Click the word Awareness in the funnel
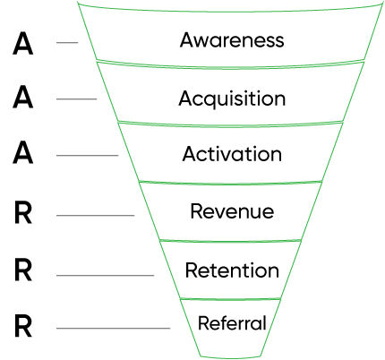232,40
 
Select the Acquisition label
232,98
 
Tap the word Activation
232,154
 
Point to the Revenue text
232,212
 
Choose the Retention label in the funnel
232,270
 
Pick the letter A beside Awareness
25,42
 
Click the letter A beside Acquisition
25,99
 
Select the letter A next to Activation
25,155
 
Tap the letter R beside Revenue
25,214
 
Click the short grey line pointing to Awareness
67,42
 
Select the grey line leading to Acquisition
77,99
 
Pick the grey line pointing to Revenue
95,215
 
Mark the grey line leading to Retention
105,275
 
